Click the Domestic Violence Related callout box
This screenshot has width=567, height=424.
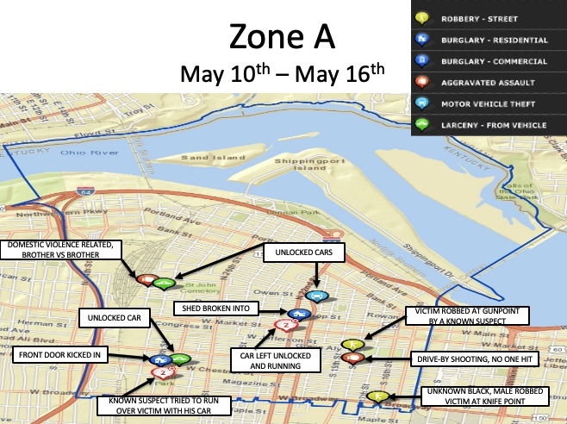(x=60, y=250)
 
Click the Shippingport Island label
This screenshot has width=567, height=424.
(x=290, y=164)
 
